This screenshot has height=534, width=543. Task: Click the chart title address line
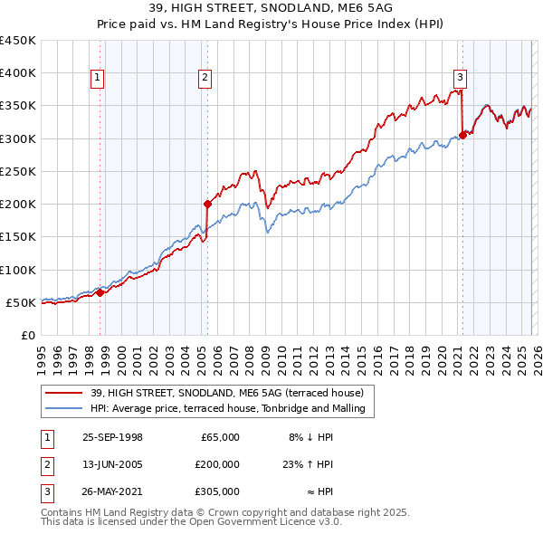[x=271, y=8]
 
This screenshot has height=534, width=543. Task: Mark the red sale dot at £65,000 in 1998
[x=100, y=292]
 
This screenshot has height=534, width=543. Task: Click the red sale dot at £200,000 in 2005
[x=207, y=204]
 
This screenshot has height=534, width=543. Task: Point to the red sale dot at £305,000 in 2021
[x=462, y=135]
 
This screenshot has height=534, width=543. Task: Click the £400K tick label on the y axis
[x=18, y=73]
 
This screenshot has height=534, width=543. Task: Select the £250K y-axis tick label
[x=18, y=171]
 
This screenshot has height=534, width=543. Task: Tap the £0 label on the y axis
[x=27, y=335]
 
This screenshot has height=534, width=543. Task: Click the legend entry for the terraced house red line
[x=226, y=393]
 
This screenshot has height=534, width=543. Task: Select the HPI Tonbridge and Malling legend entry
[x=226, y=408]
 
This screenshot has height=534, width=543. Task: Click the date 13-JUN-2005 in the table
[x=112, y=464]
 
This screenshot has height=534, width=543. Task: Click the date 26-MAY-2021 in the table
[x=112, y=491]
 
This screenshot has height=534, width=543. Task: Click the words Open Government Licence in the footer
[x=253, y=522]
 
